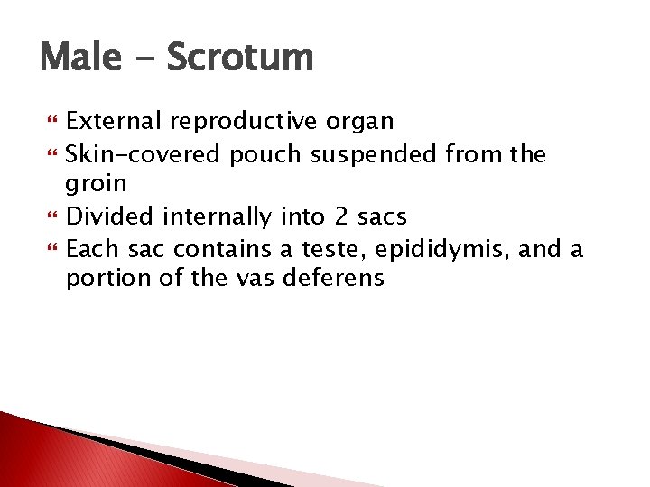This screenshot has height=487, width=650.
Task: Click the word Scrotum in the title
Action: click(x=239, y=59)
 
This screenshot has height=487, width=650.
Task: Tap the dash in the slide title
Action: click(x=143, y=61)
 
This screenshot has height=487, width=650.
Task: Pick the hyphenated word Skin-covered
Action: click(x=143, y=154)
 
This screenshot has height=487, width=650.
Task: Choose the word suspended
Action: click(x=374, y=154)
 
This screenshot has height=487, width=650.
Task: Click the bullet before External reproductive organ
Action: click(x=51, y=122)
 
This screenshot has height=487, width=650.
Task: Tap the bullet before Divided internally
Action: click(x=51, y=217)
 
